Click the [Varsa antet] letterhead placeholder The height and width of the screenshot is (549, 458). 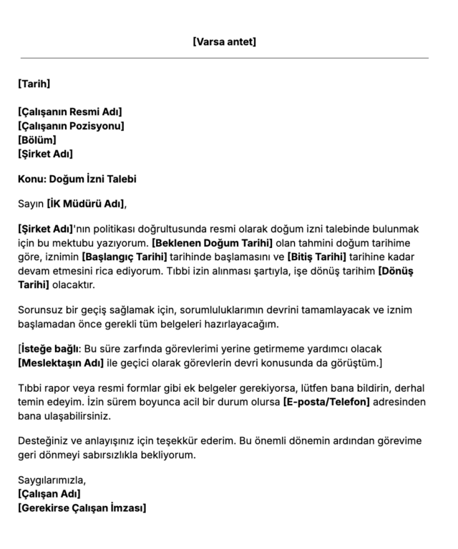224,41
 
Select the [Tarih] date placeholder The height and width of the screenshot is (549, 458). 34,84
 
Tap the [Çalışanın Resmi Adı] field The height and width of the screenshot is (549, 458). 70,112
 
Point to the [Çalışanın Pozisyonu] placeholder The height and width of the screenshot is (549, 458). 72,126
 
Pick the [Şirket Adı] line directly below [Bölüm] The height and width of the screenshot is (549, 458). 45,154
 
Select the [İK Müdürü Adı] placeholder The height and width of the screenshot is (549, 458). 86,204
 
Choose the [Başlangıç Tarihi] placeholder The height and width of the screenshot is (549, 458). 124,257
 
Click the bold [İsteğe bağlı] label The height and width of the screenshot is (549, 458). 49,348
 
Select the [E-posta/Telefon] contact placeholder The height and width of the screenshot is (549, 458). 327,402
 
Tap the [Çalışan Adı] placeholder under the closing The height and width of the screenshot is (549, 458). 49,494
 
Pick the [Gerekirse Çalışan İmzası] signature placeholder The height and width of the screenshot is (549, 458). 82,508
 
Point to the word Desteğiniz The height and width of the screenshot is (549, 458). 43,440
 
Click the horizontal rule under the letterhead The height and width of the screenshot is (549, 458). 224,58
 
